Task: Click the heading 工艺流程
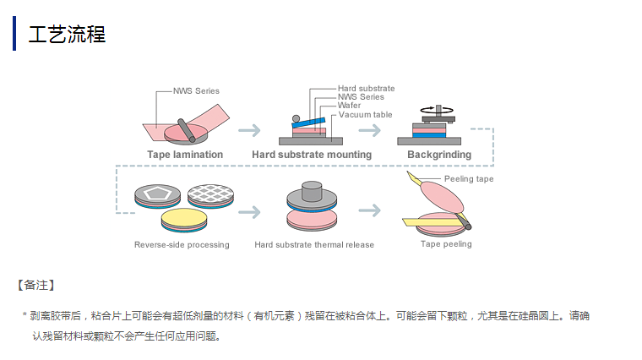point(67,35)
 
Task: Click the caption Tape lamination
point(185,155)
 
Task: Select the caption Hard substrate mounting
point(312,155)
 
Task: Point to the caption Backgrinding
point(439,155)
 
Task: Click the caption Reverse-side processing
point(182,245)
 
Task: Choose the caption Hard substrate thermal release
point(314,245)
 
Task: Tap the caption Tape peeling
point(446,244)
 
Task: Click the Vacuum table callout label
point(366,114)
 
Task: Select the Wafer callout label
point(350,106)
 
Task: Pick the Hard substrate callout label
point(366,88)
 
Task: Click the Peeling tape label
point(469,179)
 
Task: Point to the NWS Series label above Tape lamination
point(196,90)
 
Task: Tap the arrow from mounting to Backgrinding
point(370,130)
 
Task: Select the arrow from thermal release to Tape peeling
point(370,210)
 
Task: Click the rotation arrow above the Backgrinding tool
point(433,109)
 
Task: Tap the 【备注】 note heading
point(35,286)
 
